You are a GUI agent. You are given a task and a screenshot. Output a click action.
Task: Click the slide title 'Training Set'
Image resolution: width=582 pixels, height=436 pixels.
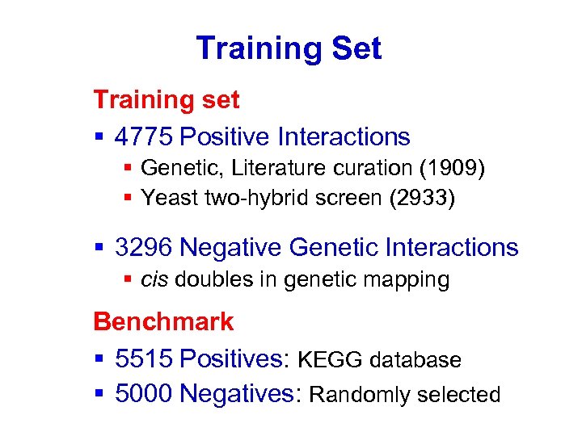[x=289, y=48]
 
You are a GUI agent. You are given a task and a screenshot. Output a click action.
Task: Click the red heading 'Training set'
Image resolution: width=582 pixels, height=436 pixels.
[x=167, y=100]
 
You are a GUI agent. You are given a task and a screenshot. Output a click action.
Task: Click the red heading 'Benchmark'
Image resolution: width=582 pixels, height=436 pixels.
[x=163, y=322]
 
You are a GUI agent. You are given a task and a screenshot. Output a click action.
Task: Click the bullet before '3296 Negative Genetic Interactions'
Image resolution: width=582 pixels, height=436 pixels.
[x=99, y=248]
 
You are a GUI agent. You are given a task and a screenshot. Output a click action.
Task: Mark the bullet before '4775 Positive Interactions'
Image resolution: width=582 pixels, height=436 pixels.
[x=99, y=138]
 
